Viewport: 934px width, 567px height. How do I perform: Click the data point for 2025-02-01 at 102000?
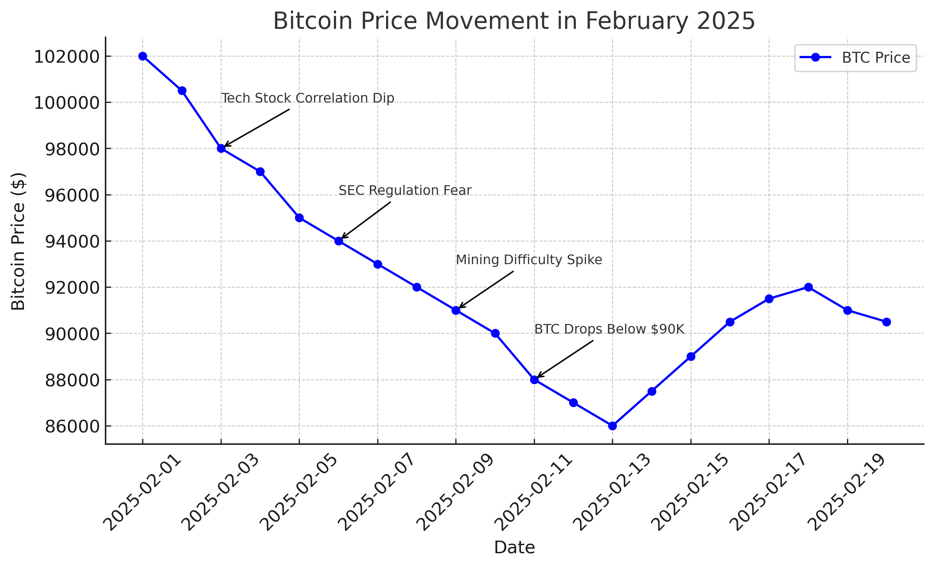coord(143,56)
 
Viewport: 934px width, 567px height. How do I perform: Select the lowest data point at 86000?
coord(612,426)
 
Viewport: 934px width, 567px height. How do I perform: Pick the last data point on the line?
coord(886,322)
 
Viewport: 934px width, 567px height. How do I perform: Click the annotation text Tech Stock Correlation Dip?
coord(308,98)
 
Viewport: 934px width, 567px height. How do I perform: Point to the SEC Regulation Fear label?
coord(404,191)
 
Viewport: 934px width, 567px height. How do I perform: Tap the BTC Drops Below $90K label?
coord(609,329)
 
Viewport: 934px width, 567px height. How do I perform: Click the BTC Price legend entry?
coord(876,58)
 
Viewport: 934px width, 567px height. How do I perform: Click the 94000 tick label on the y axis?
coord(72,242)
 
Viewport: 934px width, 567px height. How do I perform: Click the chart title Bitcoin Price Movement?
coord(514,21)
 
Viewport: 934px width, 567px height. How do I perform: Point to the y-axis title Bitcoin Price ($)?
coord(18,241)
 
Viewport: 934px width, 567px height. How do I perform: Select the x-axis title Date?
coord(514,548)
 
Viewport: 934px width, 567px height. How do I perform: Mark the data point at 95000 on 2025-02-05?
coord(299,218)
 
